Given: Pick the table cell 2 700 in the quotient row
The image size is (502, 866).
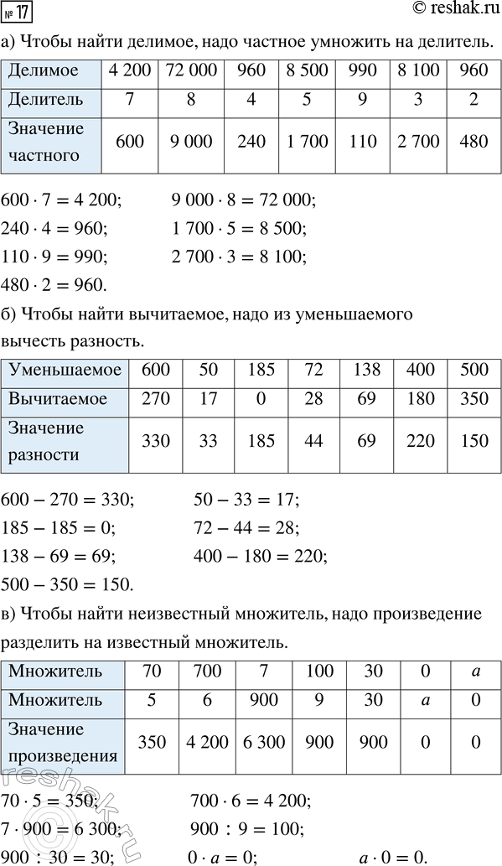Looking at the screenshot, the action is [x=417, y=142].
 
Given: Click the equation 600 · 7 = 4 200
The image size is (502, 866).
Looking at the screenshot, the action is [x=61, y=200].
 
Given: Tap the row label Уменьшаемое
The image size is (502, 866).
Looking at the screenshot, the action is [x=65, y=370].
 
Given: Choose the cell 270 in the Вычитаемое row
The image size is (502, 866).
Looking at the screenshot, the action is [x=156, y=399].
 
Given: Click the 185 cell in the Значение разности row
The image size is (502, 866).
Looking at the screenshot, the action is [x=261, y=441].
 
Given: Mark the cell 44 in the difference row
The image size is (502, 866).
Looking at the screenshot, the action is [x=313, y=441].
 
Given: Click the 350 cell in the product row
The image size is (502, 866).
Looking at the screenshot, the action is [x=151, y=741].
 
